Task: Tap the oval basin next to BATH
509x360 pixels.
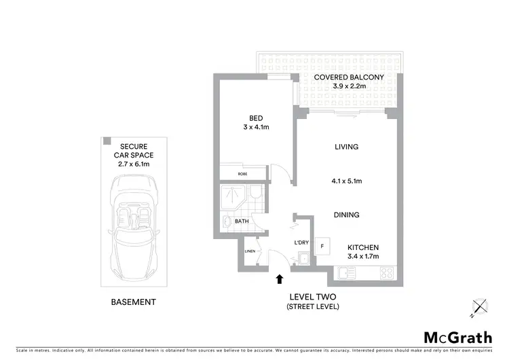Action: (226, 221)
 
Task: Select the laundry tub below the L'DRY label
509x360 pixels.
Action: (303, 258)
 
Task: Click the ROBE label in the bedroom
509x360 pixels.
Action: (242, 173)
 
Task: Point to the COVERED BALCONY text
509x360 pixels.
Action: (349, 77)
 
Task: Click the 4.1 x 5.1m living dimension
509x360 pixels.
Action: (347, 181)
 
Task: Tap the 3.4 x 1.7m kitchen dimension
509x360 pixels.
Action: (363, 257)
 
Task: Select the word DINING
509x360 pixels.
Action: (346, 215)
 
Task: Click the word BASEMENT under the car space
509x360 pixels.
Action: (134, 302)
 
